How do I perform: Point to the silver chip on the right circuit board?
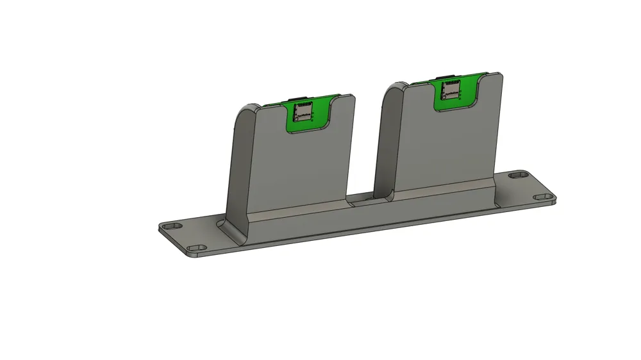pyautogui.click(x=449, y=92)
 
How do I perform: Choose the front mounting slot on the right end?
pyautogui.click(x=544, y=196)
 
